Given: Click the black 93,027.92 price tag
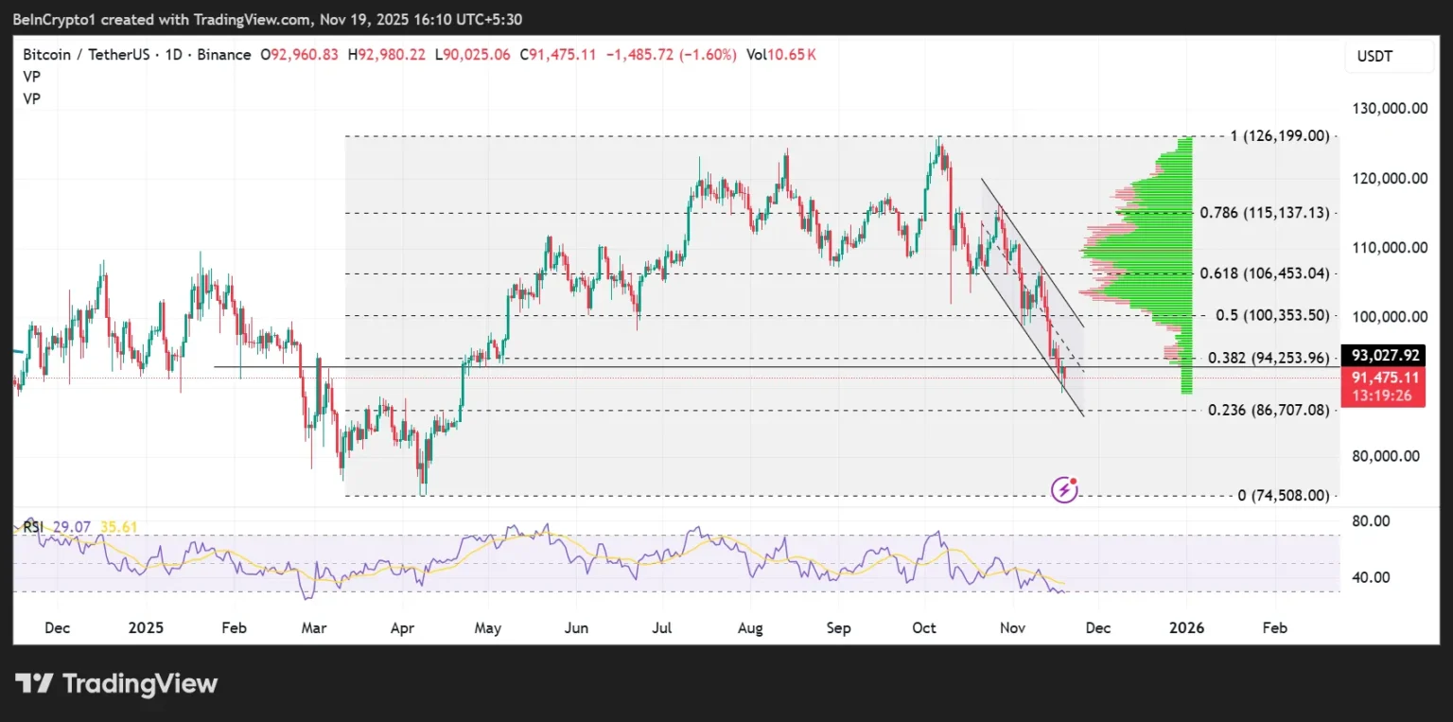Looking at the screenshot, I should point(1386,356).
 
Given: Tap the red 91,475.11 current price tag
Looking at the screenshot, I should point(1386,378).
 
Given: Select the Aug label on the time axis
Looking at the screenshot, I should point(750,628).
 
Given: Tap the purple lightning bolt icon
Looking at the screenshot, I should point(1065,489).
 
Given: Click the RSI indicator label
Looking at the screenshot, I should point(33,527).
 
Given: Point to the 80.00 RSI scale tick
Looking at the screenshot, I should point(1371,520).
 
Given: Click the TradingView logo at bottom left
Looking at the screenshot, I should point(116,683).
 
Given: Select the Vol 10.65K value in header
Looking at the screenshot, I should point(780,55).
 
